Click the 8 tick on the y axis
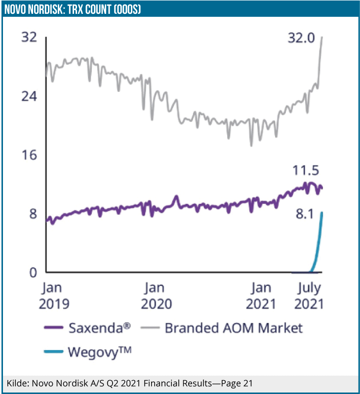point(33,214)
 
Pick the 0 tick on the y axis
point(33,273)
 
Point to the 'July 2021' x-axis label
point(309,295)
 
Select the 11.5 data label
point(305,171)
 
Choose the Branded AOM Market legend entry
point(233,327)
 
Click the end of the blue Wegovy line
point(321,212)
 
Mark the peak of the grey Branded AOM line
point(322,37)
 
